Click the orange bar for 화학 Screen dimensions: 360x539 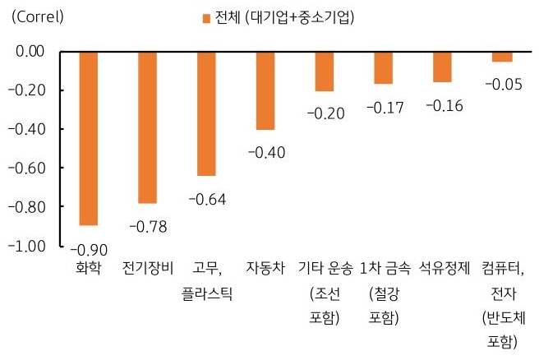click(x=89, y=138)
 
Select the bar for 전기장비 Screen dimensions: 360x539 click(x=148, y=127)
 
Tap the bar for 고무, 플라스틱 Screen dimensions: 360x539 click(x=206, y=113)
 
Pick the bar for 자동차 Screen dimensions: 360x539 click(x=265, y=90)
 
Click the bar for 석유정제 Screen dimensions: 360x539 click(x=442, y=67)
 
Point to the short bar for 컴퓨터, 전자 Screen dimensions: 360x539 click(x=502, y=57)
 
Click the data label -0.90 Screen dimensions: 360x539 click(x=86, y=250)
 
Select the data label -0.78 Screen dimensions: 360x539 click(x=148, y=223)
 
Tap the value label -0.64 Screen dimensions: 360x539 click(x=207, y=199)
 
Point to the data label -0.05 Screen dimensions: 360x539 click(x=501, y=84)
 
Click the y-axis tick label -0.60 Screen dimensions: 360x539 click(x=31, y=168)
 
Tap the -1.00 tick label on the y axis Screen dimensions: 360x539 click(x=31, y=245)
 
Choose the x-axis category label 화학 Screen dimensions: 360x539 click(x=89, y=269)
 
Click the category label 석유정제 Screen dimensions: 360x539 click(x=444, y=269)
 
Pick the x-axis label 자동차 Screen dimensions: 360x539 click(x=265, y=269)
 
